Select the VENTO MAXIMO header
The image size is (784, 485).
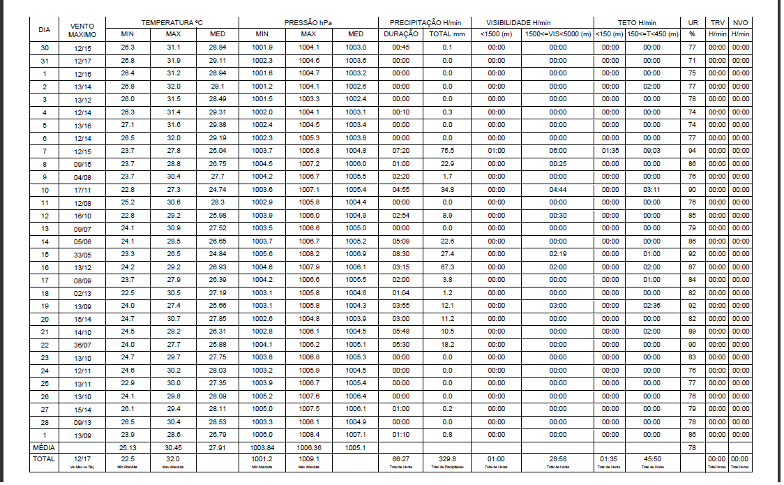82,29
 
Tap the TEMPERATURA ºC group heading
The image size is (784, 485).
172,23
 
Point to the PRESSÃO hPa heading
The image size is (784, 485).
308,23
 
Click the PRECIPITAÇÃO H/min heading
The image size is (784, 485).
425,23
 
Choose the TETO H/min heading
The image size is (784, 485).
637,23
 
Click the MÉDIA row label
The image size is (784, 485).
45,447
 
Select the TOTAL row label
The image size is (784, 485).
45,458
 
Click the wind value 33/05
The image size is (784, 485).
82,254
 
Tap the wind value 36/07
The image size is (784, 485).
82,344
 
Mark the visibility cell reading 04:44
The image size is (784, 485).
557,189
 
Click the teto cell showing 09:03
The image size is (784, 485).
651,151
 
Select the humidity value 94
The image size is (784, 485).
693,151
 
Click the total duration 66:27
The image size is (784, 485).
400,458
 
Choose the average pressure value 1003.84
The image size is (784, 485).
262,447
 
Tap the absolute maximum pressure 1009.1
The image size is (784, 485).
309,458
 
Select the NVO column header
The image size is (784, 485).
741,23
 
